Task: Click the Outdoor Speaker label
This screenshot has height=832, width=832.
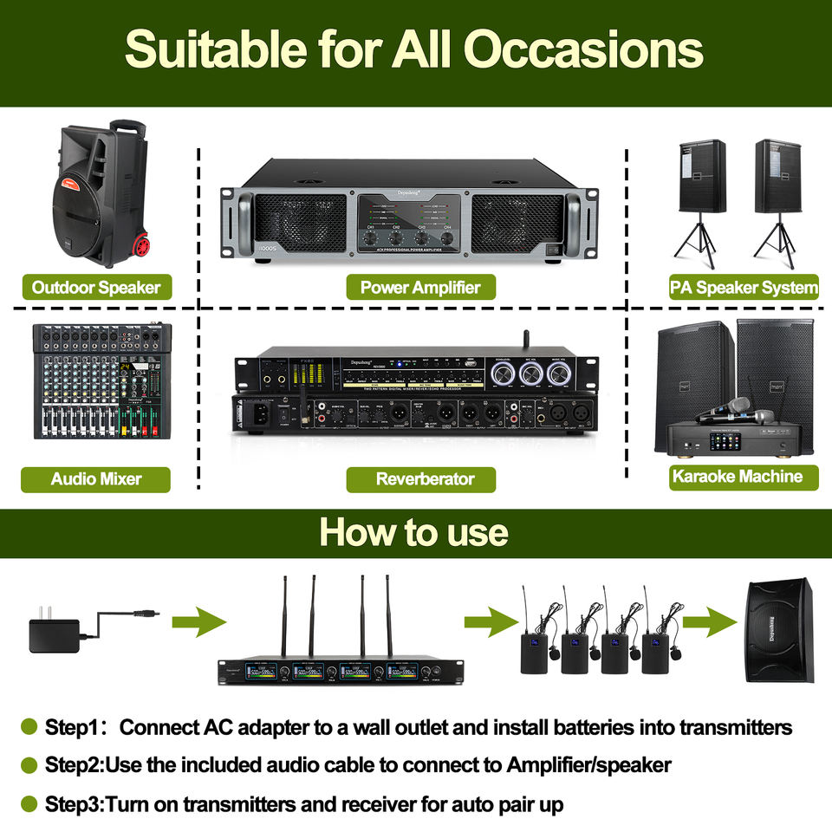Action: click(96, 287)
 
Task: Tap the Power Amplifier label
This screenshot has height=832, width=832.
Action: click(420, 287)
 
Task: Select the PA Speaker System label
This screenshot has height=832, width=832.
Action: click(744, 287)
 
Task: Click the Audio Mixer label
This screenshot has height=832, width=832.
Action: click(96, 478)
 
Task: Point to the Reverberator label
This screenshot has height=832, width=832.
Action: click(420, 478)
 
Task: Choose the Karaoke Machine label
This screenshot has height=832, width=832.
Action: click(737, 476)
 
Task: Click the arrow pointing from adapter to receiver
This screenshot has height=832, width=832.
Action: click(198, 621)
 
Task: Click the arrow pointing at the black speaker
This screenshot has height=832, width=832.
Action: click(708, 621)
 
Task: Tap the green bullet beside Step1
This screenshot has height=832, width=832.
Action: click(29, 726)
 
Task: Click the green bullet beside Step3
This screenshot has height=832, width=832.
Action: click(29, 803)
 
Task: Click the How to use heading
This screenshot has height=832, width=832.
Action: click(414, 531)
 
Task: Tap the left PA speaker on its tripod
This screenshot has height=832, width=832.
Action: click(701, 178)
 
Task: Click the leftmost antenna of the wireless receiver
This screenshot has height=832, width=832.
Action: click(283, 615)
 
